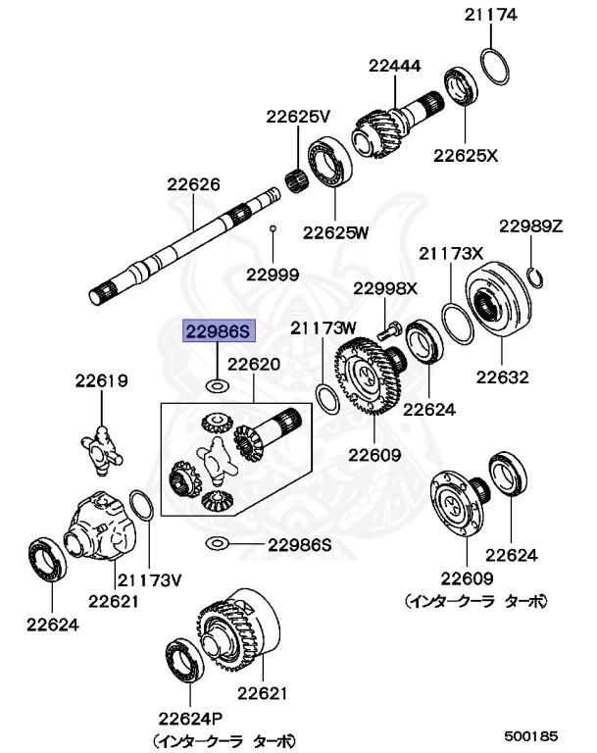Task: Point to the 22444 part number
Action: coord(395,66)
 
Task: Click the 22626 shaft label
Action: coord(192,183)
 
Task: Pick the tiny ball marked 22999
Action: coord(274,228)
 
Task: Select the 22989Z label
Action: coord(530,226)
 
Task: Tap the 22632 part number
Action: coord(503,376)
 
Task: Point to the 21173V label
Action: coord(150,579)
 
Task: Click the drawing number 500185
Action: coord(531,733)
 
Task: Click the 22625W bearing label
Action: coord(335,232)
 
